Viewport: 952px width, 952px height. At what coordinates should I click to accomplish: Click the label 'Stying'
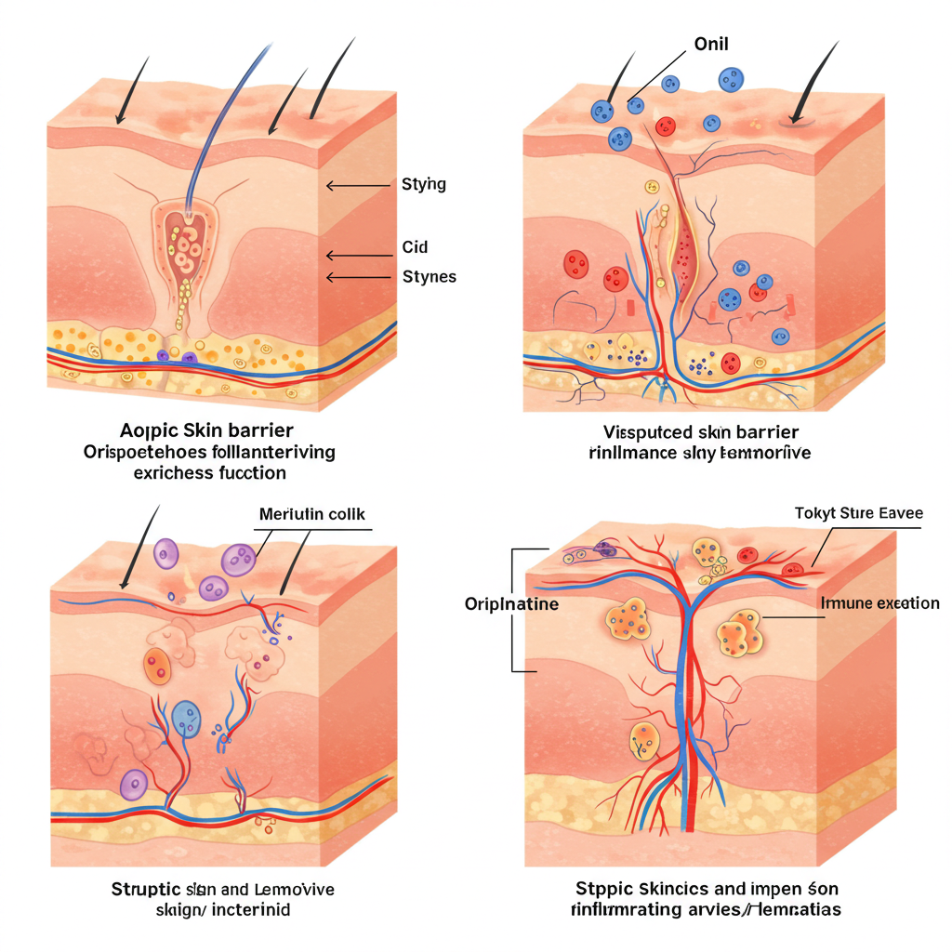423,184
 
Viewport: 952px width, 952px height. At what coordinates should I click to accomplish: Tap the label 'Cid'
415,247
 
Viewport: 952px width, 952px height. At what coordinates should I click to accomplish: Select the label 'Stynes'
429,276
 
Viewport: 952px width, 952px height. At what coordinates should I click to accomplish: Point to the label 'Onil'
711,44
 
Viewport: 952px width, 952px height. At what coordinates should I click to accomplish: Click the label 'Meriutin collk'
312,514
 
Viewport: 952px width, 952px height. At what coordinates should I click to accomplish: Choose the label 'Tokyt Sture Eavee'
859,513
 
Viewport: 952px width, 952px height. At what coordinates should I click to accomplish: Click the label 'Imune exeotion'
880,603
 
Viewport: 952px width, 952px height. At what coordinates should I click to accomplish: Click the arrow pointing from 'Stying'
358,186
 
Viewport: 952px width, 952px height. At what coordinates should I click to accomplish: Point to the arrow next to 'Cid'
358,256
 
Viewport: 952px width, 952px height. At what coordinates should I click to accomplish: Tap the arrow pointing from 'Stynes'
358,276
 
